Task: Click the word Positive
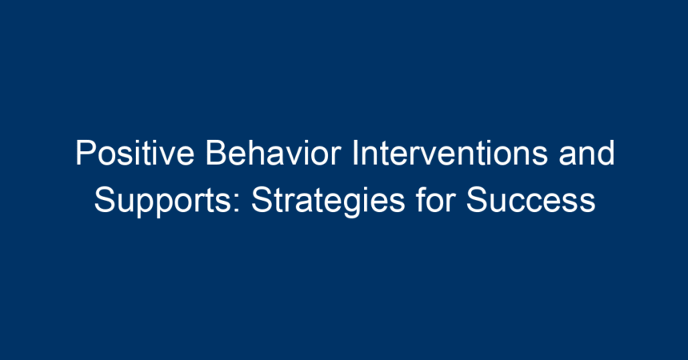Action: [134, 153]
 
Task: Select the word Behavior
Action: [273, 153]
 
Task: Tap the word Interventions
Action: [450, 153]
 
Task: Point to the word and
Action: [586, 153]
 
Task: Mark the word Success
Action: [530, 200]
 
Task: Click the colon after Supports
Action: [237, 203]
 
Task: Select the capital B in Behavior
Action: [216, 153]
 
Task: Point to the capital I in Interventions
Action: [356, 153]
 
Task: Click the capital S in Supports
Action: [105, 200]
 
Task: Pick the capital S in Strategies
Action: [262, 200]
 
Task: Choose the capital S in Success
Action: [477, 200]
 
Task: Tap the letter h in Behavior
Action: [255, 153]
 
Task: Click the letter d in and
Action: [606, 153]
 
